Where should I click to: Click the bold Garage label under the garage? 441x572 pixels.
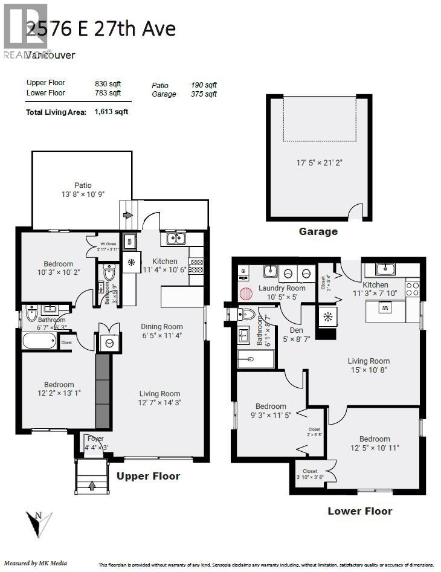click(x=318, y=231)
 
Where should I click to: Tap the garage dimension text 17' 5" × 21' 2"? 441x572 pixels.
click(x=318, y=162)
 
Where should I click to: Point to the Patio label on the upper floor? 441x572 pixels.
click(x=83, y=185)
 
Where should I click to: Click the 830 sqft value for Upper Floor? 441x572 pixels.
click(x=108, y=83)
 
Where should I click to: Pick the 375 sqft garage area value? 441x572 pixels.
click(x=204, y=94)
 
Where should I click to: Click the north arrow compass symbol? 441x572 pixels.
click(x=39, y=523)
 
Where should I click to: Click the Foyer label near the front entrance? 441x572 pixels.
click(x=95, y=439)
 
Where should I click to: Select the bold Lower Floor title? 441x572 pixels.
click(x=359, y=511)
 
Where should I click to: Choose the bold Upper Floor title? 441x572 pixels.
click(x=148, y=476)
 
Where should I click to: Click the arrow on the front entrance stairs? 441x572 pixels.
click(x=92, y=484)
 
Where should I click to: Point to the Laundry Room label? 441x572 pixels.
click(x=282, y=288)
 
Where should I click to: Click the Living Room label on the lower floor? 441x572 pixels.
click(x=369, y=361)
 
